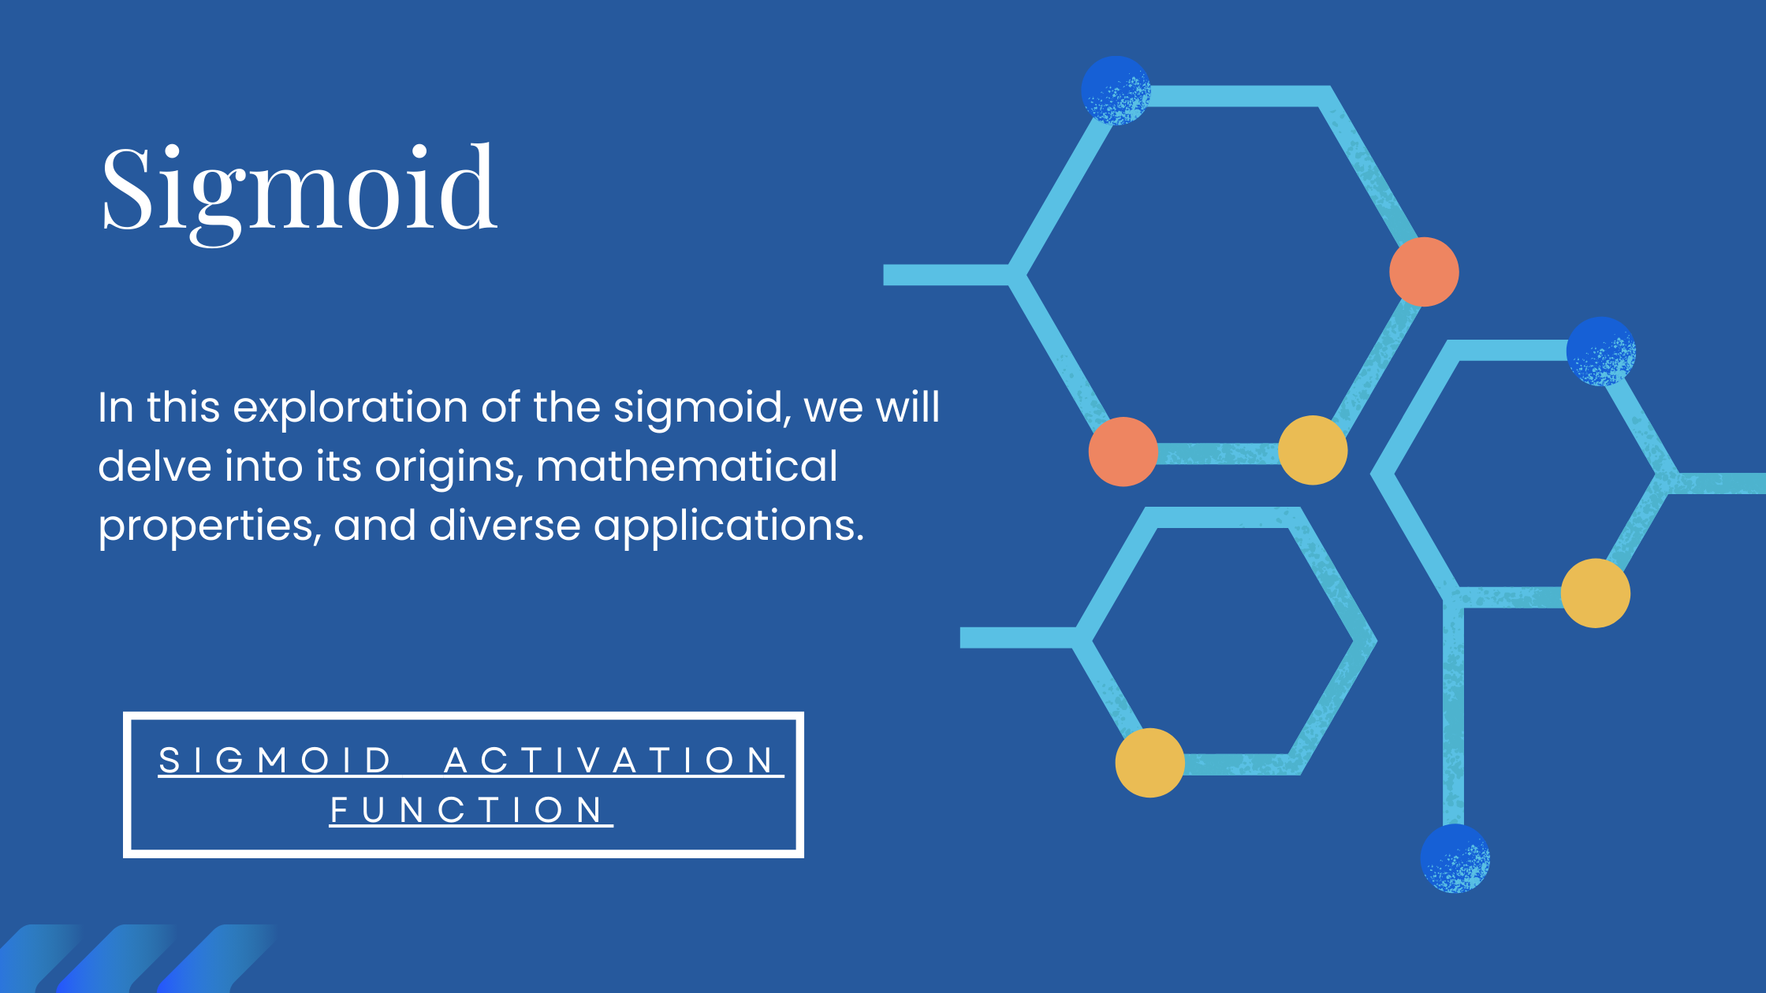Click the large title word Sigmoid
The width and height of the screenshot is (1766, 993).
[300, 193]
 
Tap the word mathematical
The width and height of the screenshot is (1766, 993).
[687, 466]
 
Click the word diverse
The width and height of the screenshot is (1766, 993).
[505, 526]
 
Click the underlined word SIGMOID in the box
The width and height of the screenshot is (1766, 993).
[275, 761]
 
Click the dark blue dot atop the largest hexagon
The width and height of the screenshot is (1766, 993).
[1116, 91]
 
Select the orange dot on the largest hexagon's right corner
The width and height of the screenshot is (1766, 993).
[1424, 272]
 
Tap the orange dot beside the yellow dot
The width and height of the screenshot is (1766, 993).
[1123, 452]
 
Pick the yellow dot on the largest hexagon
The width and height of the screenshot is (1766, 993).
[1313, 450]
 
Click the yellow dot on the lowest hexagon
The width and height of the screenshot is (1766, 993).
[1150, 763]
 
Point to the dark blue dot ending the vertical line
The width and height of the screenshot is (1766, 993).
[1455, 858]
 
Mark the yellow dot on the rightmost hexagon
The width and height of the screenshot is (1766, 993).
[1596, 593]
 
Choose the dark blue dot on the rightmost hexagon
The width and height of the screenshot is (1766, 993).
[1601, 351]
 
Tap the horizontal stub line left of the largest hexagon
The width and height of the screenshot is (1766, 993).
[946, 275]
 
